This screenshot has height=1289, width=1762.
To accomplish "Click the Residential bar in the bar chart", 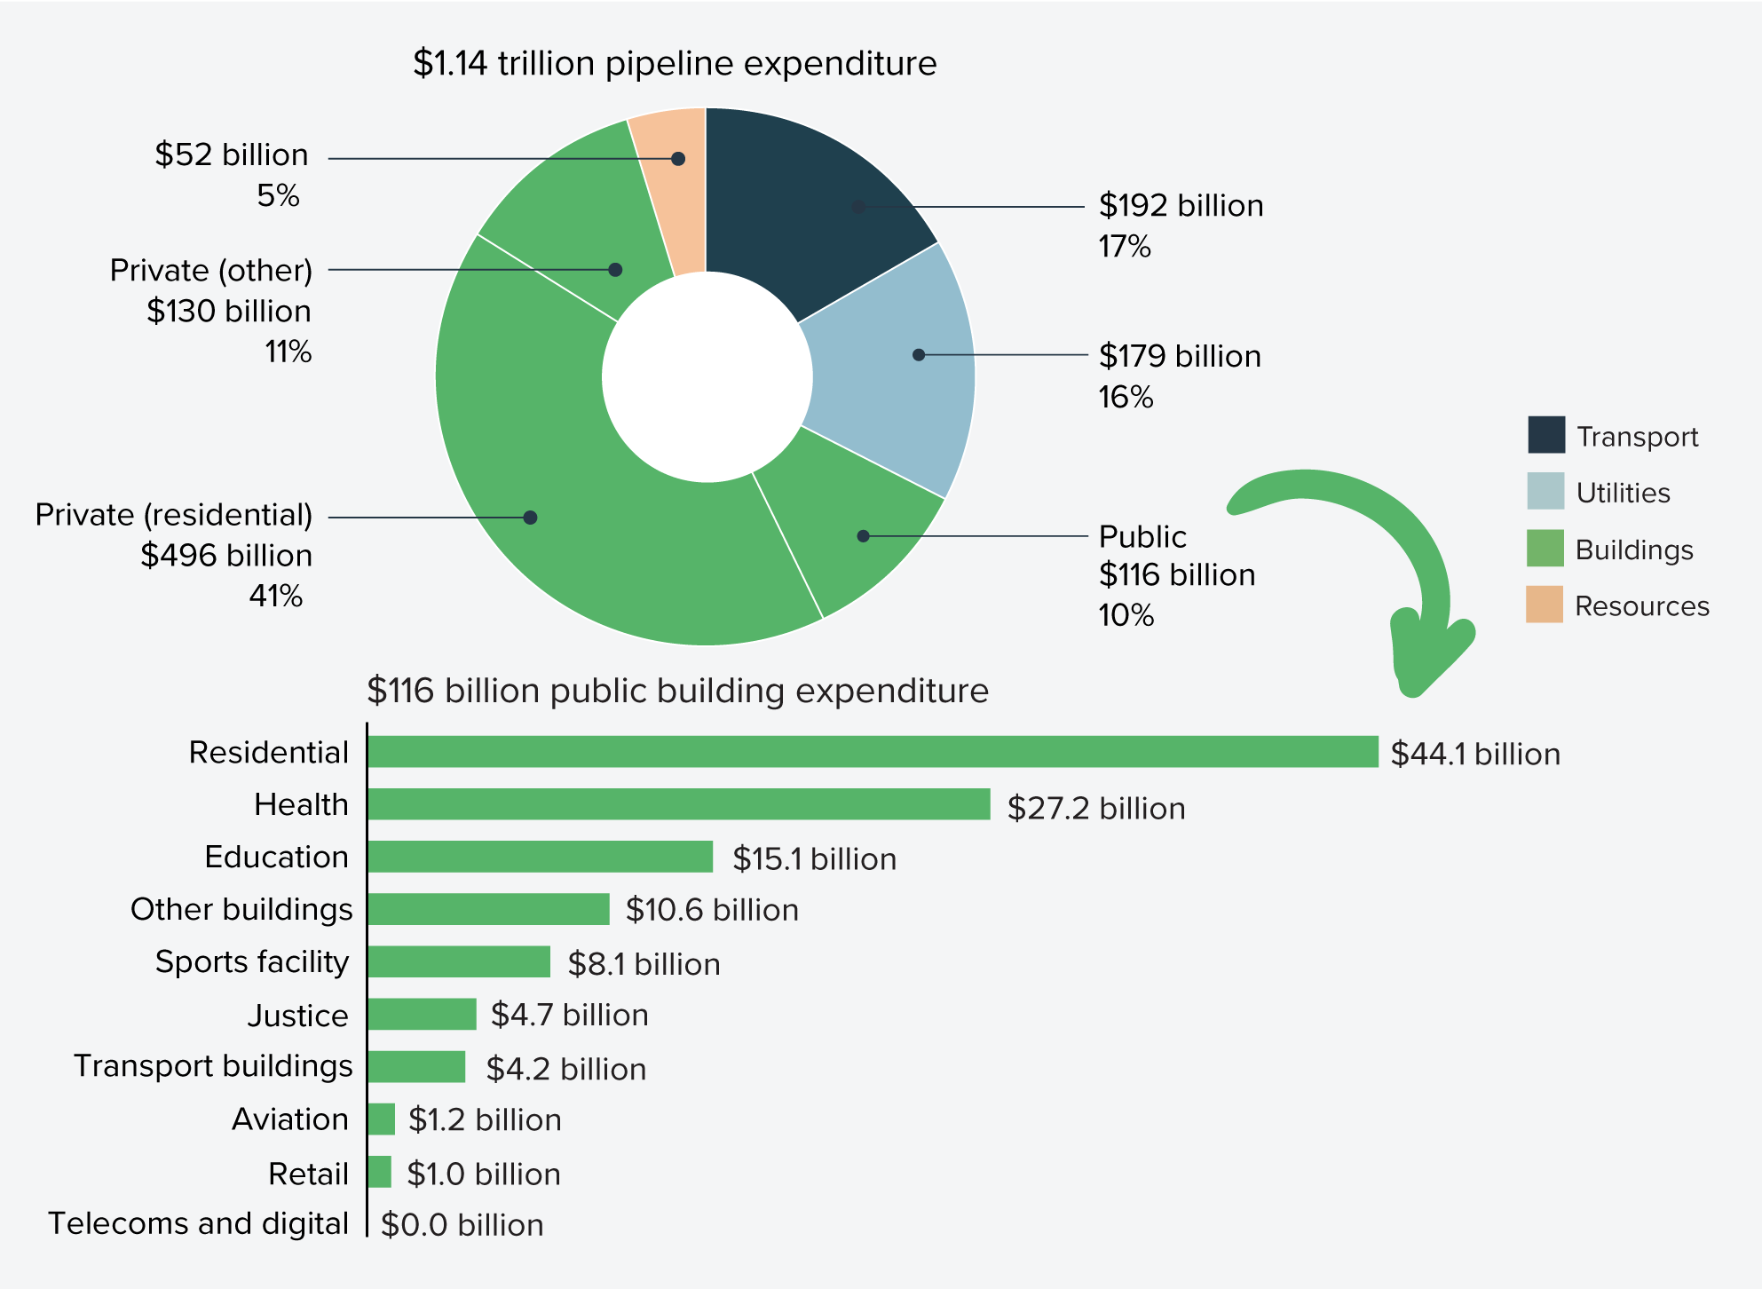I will click(872, 752).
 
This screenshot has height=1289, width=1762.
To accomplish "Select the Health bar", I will click(678, 804).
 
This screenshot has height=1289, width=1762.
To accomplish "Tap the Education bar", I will click(540, 857).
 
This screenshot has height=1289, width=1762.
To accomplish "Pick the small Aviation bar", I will click(381, 1119).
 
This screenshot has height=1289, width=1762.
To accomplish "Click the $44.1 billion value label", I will click(1474, 754).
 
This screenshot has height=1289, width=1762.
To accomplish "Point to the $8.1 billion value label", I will click(644, 964).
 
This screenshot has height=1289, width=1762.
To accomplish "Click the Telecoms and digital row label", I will click(198, 1223).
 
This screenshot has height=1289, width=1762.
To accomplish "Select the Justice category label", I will click(297, 1015).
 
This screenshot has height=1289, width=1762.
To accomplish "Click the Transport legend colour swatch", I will click(1545, 435).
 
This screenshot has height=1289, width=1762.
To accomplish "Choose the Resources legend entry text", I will click(1641, 606).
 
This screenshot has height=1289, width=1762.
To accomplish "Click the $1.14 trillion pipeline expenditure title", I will click(675, 64).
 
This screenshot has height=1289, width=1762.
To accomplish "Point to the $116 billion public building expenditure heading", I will click(677, 691).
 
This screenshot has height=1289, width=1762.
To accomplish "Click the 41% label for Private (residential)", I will click(275, 596).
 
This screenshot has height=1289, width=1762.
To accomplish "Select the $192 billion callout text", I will click(1181, 206).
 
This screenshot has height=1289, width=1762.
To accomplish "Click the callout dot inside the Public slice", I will click(863, 536).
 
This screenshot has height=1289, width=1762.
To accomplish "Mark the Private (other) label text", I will click(211, 270).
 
